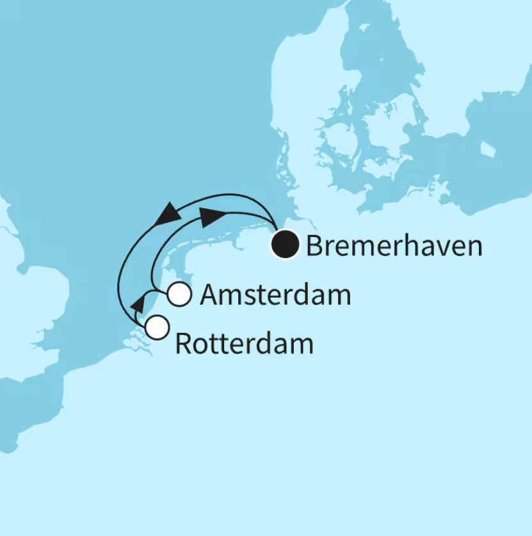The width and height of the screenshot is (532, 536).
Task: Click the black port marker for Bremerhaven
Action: [x=285, y=244]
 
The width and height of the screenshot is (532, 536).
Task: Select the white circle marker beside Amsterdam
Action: [x=180, y=295]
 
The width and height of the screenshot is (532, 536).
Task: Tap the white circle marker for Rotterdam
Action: [x=157, y=327]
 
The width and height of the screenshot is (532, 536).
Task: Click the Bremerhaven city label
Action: [x=394, y=246]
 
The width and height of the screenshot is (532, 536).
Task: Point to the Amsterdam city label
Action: [x=275, y=295]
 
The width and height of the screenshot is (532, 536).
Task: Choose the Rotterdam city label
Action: [x=244, y=345]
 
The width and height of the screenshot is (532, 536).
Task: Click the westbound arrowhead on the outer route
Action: [x=167, y=213]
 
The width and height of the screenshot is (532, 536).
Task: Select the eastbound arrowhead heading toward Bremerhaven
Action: [x=211, y=216]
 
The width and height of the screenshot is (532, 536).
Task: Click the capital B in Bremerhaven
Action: [x=314, y=246]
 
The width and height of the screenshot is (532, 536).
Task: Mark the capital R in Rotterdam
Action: [x=183, y=345]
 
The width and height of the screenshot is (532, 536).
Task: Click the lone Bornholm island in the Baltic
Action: [x=488, y=149]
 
